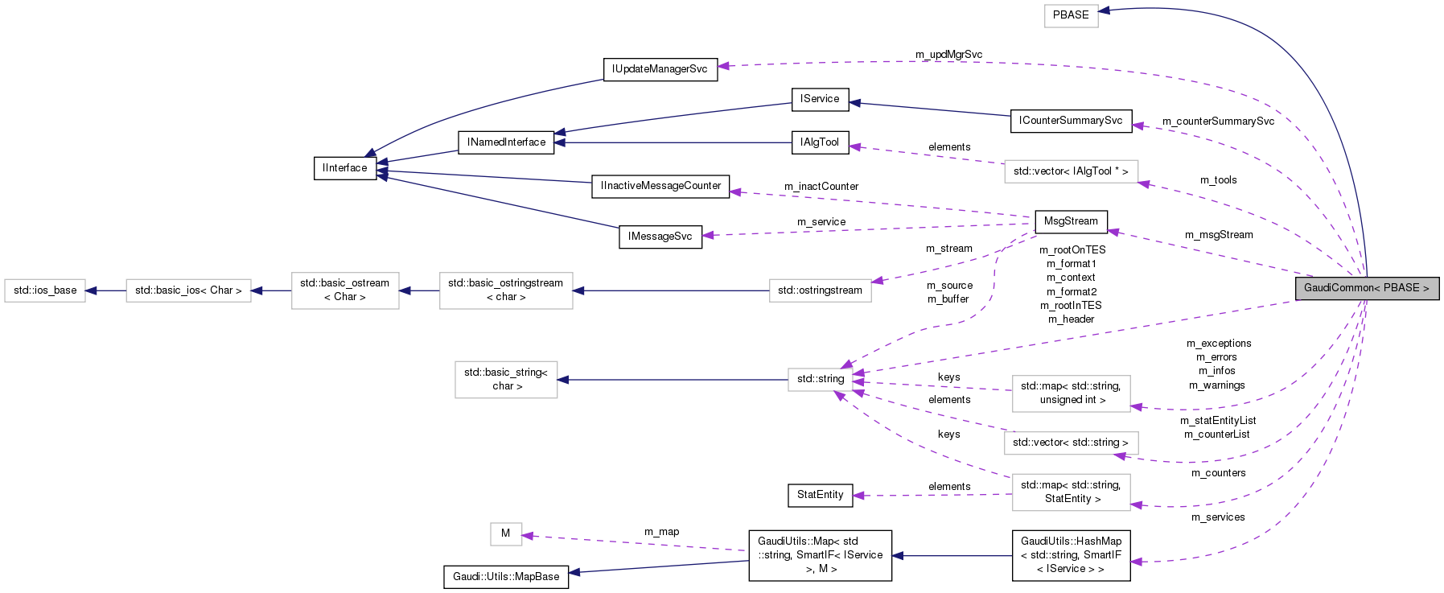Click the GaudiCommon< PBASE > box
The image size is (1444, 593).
coord(1366,288)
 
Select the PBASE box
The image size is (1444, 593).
coord(1071,15)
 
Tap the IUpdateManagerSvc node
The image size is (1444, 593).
coord(660,69)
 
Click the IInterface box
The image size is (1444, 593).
coord(344,168)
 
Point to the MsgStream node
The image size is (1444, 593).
coord(1070,221)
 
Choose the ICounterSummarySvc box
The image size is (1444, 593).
coord(1070,121)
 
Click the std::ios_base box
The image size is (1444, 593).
coord(45,290)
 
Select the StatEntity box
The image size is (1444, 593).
coord(820,495)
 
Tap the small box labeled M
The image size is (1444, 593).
coord(505,533)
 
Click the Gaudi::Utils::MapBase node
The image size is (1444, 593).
coord(505,577)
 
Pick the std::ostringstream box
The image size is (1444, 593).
coord(820,290)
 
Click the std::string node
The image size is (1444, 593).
coord(820,379)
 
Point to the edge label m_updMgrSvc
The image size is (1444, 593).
coord(948,55)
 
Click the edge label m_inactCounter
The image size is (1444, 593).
coord(821,187)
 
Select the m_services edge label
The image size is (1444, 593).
coord(1217,517)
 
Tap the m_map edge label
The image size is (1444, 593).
coord(661,532)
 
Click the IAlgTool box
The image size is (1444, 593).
coord(820,142)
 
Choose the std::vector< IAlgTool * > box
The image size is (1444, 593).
coord(1070,171)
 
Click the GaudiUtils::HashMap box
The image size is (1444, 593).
coord(1070,555)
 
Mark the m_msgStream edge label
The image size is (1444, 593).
coord(1218,235)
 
